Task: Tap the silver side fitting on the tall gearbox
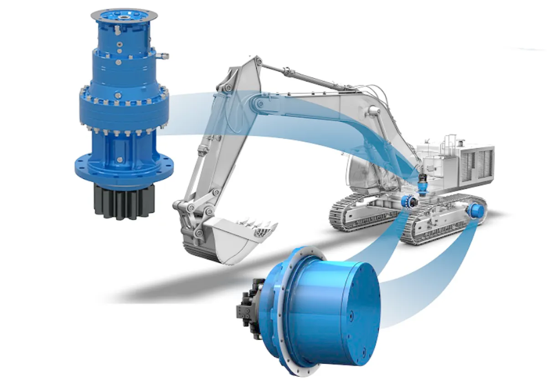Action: pyautogui.click(x=162, y=57)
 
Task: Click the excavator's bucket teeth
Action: pyautogui.click(x=264, y=228)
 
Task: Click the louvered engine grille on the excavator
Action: pyautogui.click(x=479, y=162)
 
